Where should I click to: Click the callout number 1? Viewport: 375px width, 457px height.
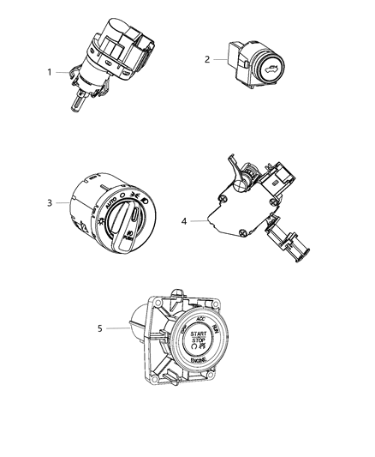point(51,72)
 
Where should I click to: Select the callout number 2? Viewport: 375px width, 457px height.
point(207,60)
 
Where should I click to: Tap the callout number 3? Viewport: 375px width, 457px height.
point(51,202)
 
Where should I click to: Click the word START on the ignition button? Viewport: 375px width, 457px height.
point(199,333)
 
